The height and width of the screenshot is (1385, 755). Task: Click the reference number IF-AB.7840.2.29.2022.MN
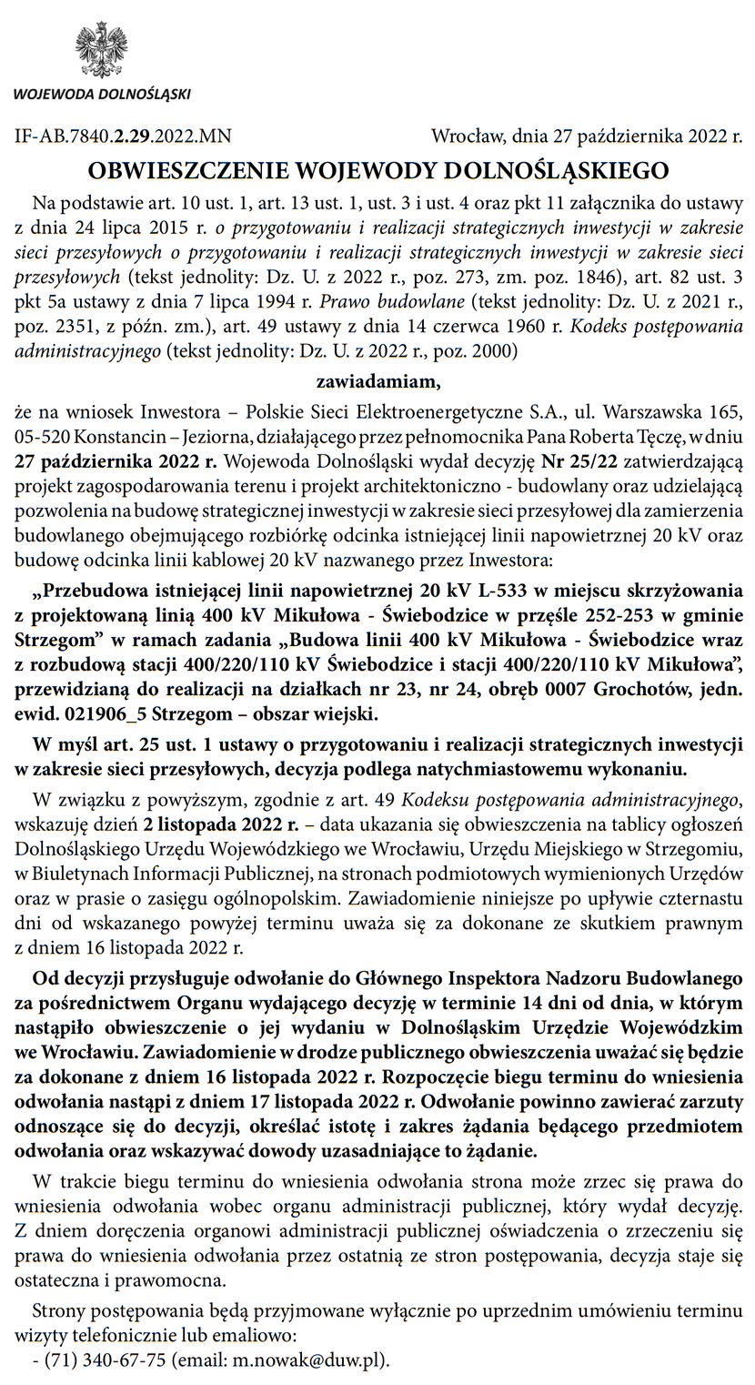click(123, 137)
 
